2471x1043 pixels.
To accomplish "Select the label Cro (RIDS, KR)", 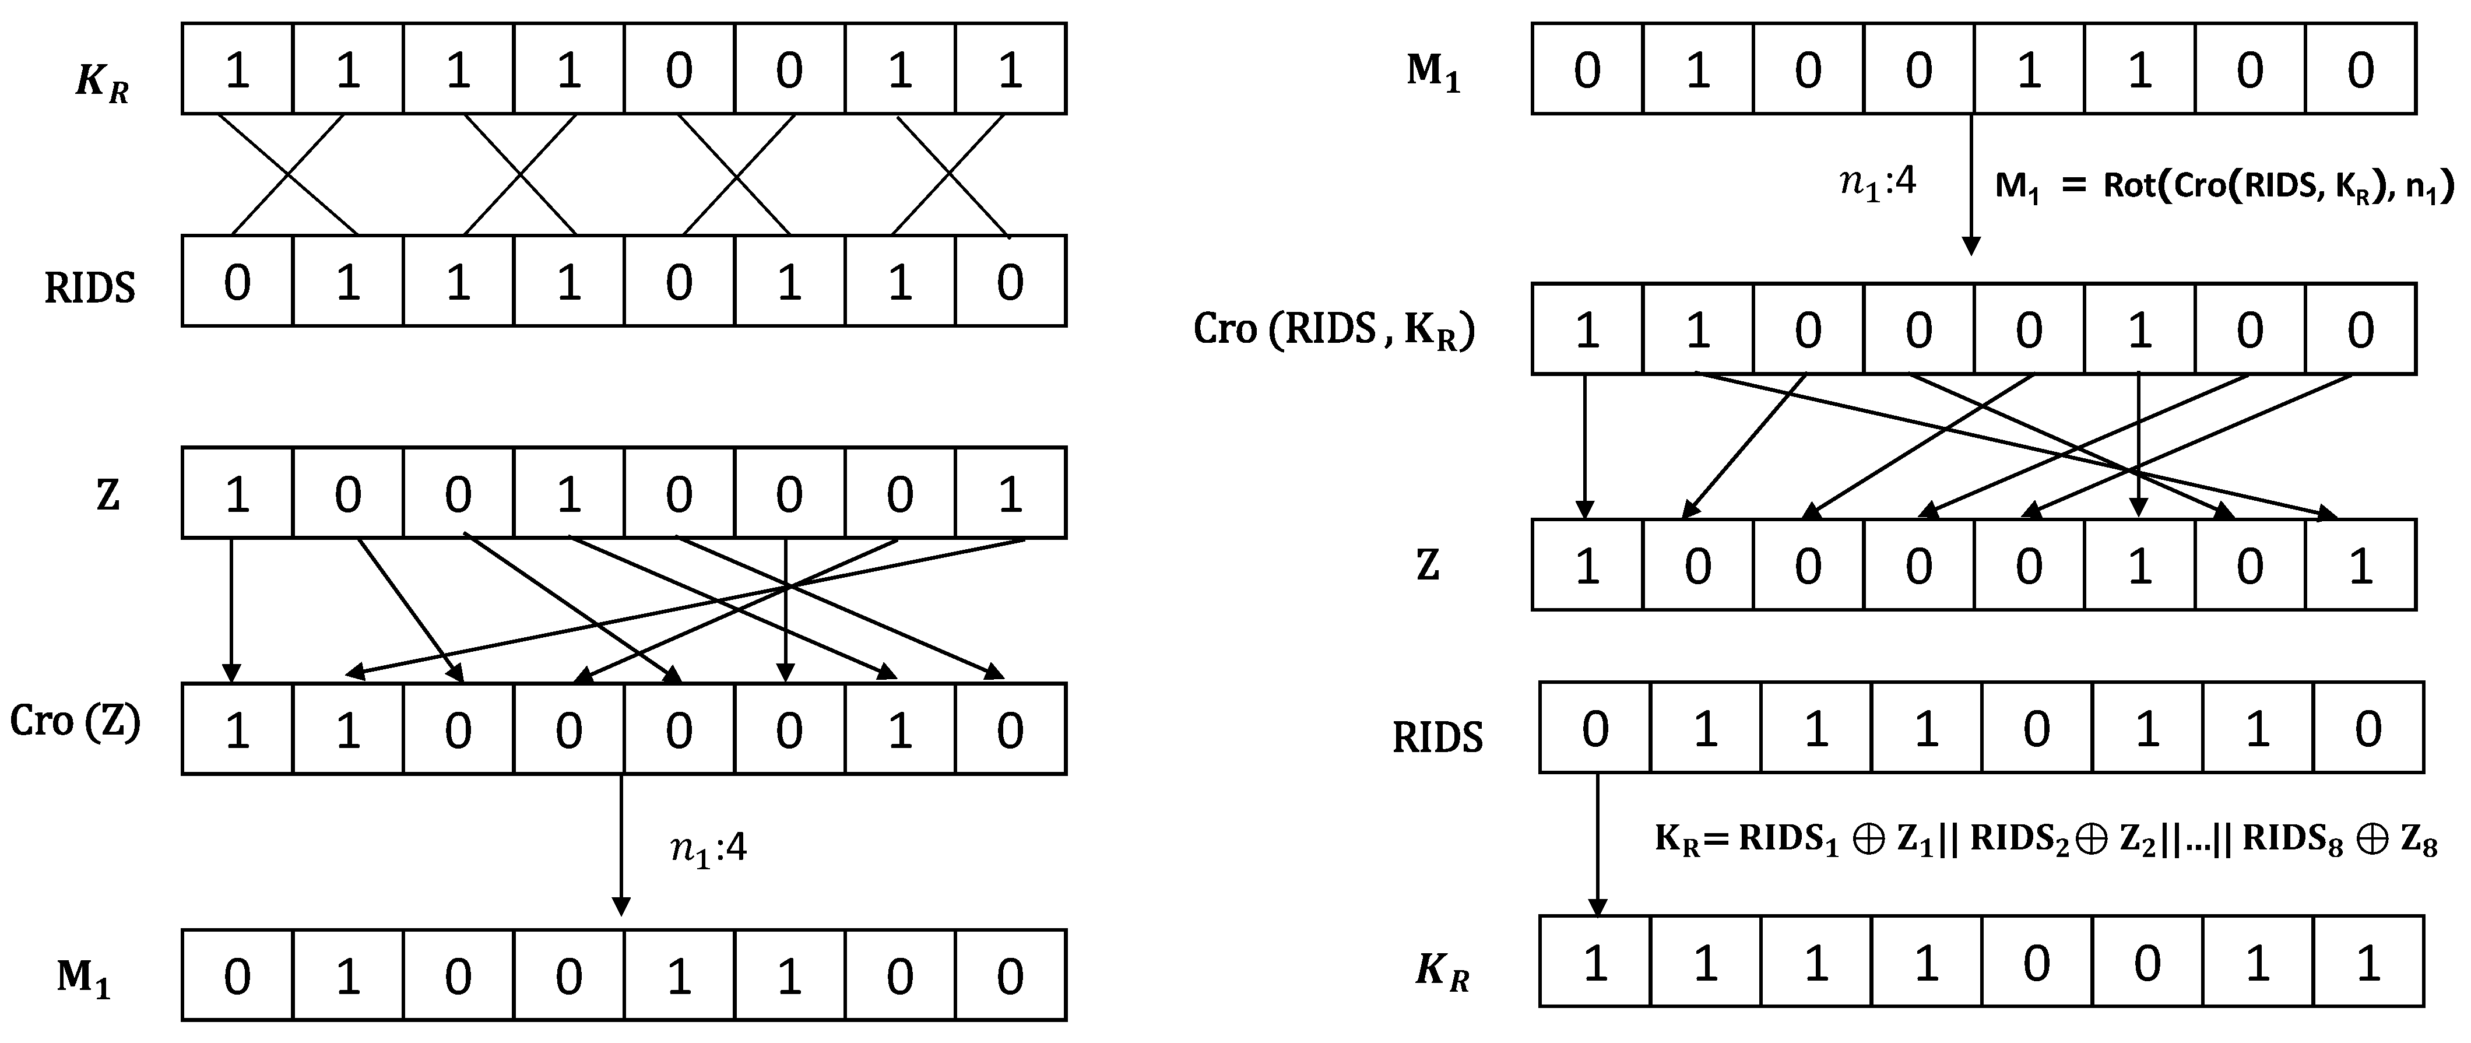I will pyautogui.click(x=1333, y=330).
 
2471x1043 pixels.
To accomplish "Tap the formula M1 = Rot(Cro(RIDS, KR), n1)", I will pyautogui.click(x=2223, y=185).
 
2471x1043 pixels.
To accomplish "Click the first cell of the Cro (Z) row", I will pyautogui.click(x=237, y=729).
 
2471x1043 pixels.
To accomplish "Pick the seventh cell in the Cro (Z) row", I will pyautogui.click(x=900, y=729).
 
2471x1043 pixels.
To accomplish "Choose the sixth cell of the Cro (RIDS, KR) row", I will pyautogui.click(x=2139, y=329).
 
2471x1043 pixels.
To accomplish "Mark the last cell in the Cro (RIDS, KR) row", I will pyautogui.click(x=2360, y=329).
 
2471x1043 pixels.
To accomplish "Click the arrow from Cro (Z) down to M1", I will pyautogui.click(x=621, y=844).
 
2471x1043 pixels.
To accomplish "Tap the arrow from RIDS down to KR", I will pyautogui.click(x=1597, y=844).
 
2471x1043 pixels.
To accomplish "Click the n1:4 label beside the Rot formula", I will pyautogui.click(x=1877, y=180).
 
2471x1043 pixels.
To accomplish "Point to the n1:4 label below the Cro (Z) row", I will pyautogui.click(x=708, y=849).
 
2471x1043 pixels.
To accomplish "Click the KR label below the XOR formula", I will pyautogui.click(x=1442, y=971).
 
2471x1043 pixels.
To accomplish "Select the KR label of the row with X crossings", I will pyautogui.click(x=101, y=83).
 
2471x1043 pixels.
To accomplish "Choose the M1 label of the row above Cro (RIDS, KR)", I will pyautogui.click(x=1433, y=72).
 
